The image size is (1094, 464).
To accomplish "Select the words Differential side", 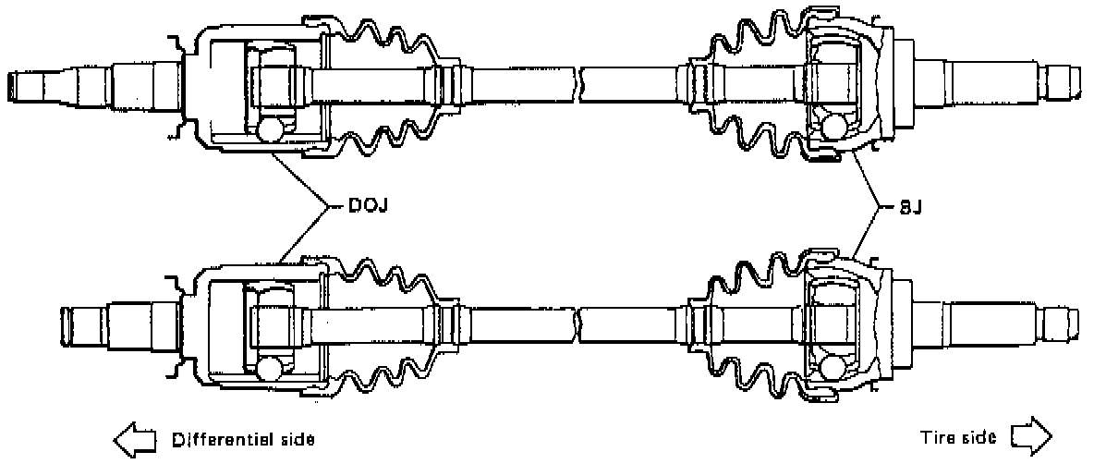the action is (242, 437).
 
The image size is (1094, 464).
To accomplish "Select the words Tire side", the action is (958, 436).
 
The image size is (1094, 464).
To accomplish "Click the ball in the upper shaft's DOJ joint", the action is (272, 129).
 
